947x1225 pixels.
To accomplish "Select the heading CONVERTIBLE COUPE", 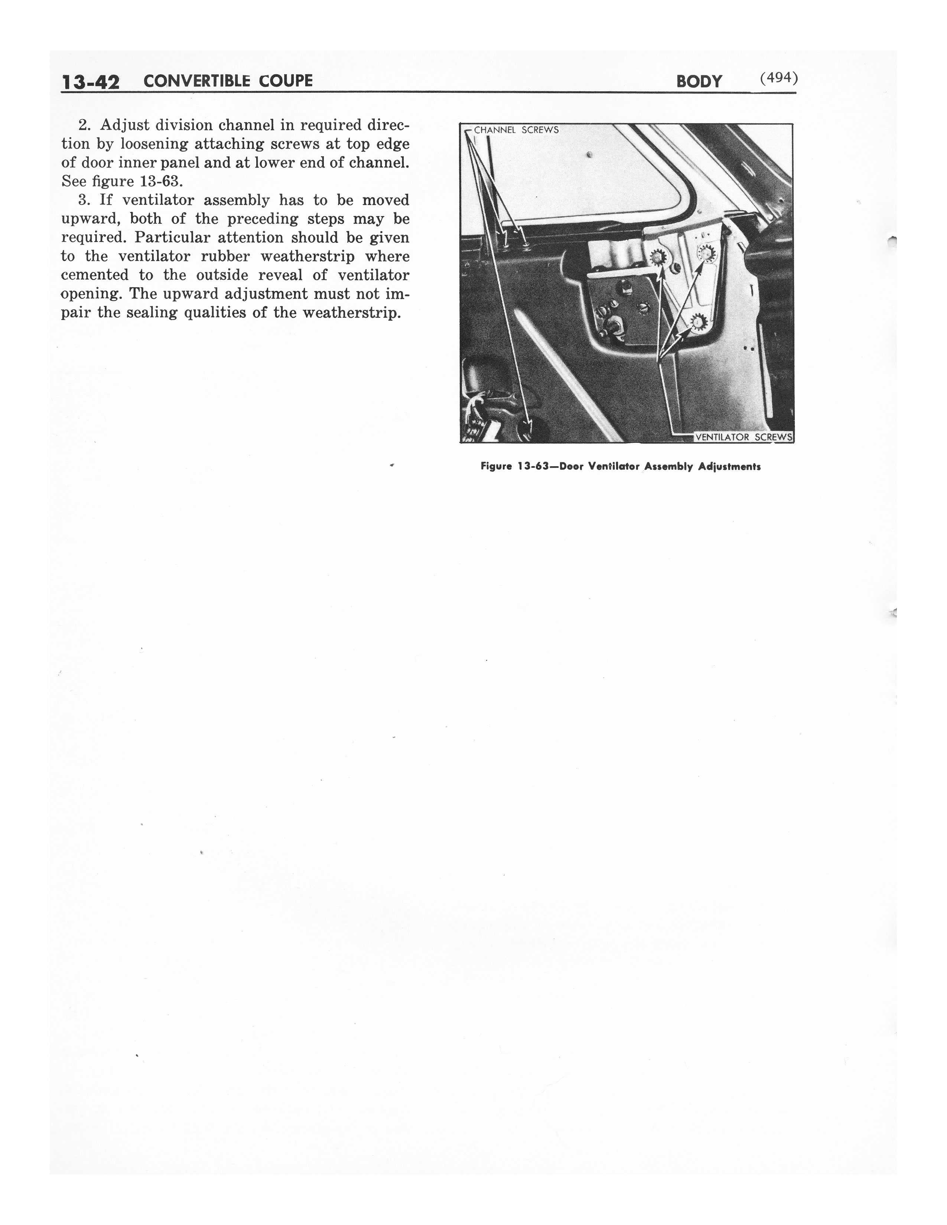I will pos(228,81).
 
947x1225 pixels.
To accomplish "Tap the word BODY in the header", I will pos(699,81).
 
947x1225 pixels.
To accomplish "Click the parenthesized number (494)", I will pos(779,78).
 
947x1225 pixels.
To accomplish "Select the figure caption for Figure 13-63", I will pos(621,467).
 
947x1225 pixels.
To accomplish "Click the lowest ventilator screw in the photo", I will pos(696,323).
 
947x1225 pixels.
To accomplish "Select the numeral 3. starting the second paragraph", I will pos(85,200).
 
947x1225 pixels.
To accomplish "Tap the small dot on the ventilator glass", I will pos(589,154).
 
